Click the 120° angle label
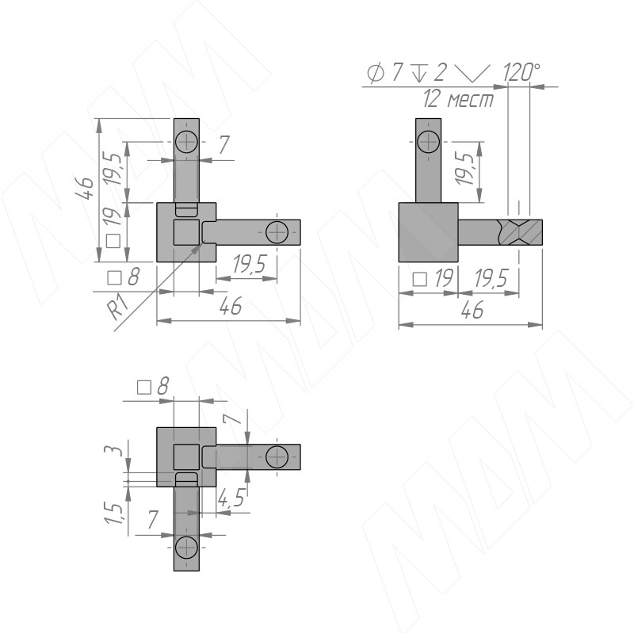pyautogui.click(x=521, y=73)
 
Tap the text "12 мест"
pyautogui.click(x=459, y=99)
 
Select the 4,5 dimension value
pyautogui.click(x=231, y=498)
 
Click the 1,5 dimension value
pyautogui.click(x=113, y=514)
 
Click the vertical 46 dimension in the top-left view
pyautogui.click(x=85, y=188)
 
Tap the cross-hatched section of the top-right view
pyautogui.click(x=520, y=232)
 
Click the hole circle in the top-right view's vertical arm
pyautogui.click(x=428, y=142)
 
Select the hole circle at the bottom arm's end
pyautogui.click(x=186, y=547)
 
